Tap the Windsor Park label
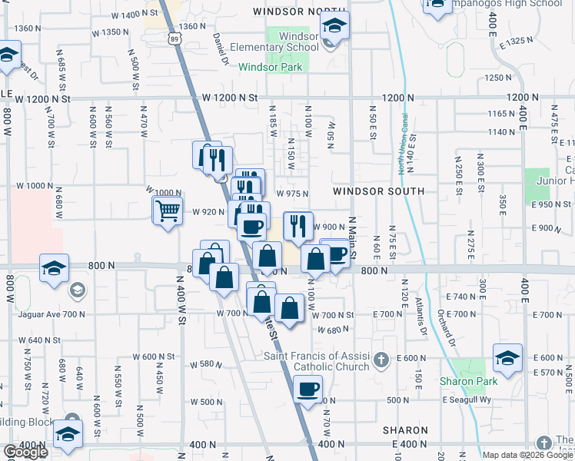click(270, 67)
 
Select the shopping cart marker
click(168, 210)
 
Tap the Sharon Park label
click(469, 381)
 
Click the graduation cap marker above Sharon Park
click(507, 357)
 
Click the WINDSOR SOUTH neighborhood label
click(378, 191)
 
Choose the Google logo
click(25, 452)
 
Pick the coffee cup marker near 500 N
click(308, 389)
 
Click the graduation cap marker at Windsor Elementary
click(334, 25)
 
